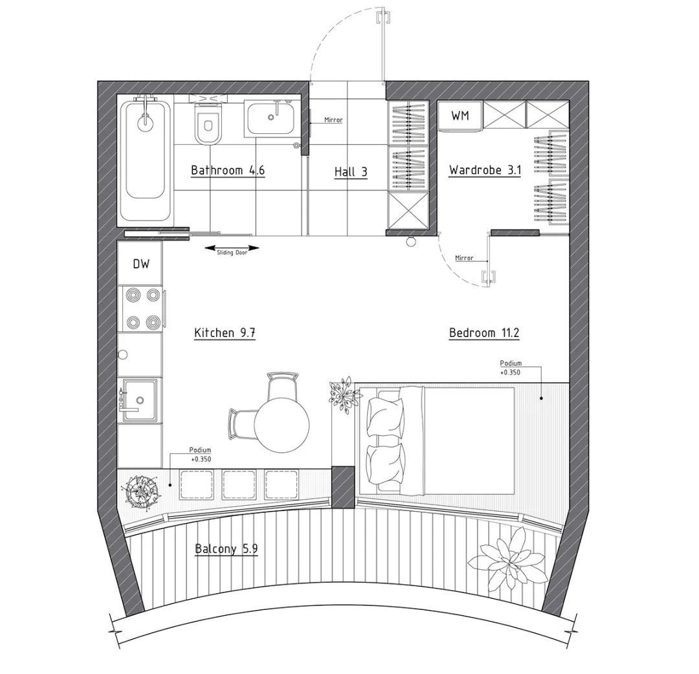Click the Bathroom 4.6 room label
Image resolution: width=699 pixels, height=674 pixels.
(x=227, y=170)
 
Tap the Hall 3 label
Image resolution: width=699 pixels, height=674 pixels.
(x=351, y=172)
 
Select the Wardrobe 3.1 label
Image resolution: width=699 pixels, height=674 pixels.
(x=485, y=170)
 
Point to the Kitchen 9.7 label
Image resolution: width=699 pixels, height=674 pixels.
(x=225, y=332)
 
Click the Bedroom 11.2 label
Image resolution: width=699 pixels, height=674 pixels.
(x=484, y=332)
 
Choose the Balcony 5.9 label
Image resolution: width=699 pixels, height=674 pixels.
(x=227, y=549)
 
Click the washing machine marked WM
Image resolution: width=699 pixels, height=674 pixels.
(x=460, y=116)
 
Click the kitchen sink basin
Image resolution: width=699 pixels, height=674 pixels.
(x=140, y=400)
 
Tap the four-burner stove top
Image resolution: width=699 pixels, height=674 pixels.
(x=141, y=309)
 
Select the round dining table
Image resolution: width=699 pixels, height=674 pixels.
(x=282, y=424)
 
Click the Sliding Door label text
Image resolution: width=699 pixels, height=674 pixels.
(x=232, y=252)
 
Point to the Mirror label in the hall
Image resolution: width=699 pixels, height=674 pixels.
(x=333, y=120)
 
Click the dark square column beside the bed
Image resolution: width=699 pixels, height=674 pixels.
(x=344, y=487)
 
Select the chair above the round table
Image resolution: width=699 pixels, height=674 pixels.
(x=282, y=386)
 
